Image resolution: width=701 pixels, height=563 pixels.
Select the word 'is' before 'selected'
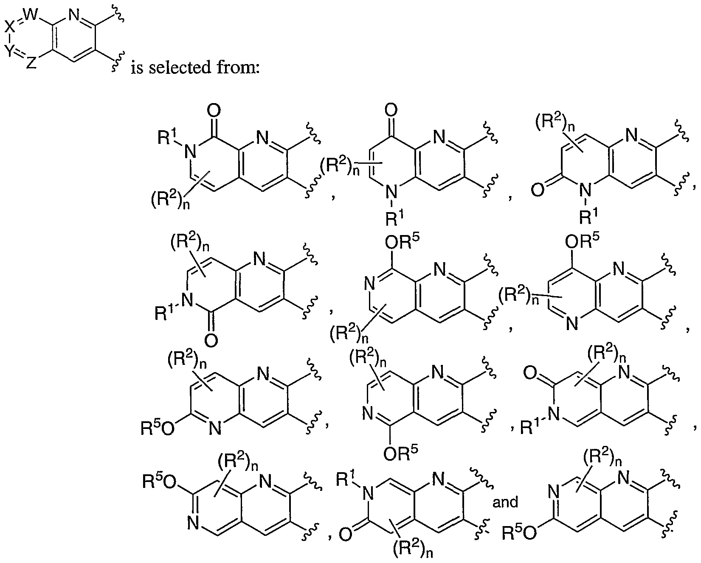pos(136,67)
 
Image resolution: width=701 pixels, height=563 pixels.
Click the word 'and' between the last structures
pos(505,502)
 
